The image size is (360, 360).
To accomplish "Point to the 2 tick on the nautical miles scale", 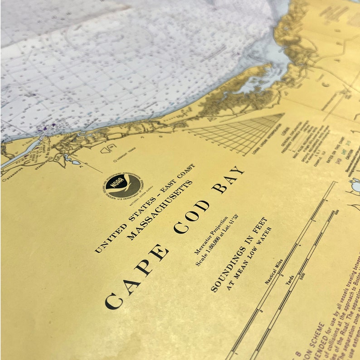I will [x=261, y=311].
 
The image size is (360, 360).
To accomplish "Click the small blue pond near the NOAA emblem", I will [x=73, y=162].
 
